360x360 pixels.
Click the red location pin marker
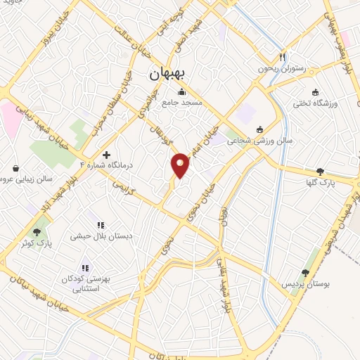coord(181,165)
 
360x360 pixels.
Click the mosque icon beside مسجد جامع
coord(182,91)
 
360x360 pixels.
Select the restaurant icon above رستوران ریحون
coord(283,56)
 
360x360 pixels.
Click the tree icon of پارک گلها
coord(321,171)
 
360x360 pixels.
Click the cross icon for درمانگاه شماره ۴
coord(106,155)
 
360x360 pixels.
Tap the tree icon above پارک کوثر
coord(37,231)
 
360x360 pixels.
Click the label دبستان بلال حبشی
coord(98,237)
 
